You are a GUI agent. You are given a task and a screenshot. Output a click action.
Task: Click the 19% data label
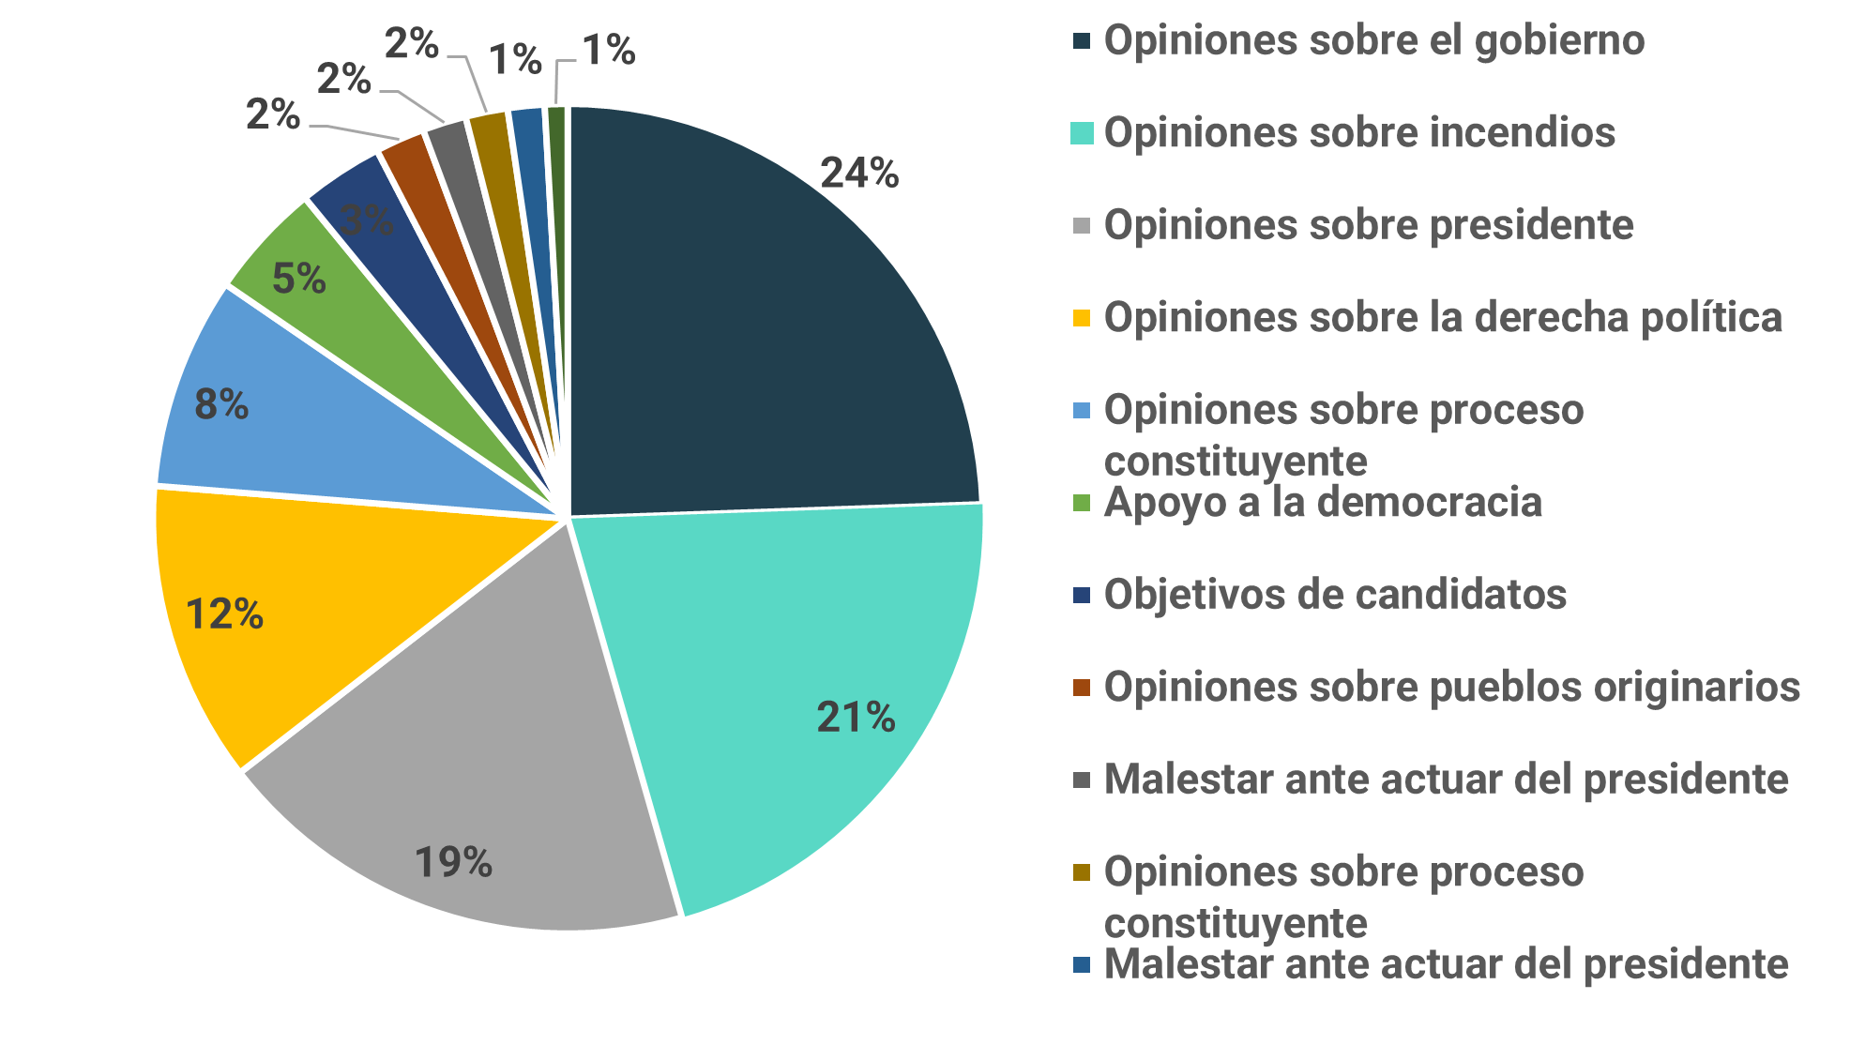pyautogui.click(x=453, y=862)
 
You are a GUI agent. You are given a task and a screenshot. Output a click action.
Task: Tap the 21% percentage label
pyautogui.click(x=856, y=718)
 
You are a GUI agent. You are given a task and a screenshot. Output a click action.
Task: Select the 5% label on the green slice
pyautogui.click(x=299, y=279)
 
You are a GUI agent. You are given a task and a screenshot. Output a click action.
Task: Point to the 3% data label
pyautogui.click(x=367, y=220)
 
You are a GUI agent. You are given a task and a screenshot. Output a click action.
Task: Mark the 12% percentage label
pyautogui.click(x=224, y=614)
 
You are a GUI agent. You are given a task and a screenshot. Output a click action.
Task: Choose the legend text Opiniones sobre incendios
pyautogui.click(x=1359, y=133)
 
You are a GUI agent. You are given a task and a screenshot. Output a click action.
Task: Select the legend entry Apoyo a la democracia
pyautogui.click(x=1323, y=503)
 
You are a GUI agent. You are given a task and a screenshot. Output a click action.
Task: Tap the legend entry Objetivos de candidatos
pyautogui.click(x=1335, y=595)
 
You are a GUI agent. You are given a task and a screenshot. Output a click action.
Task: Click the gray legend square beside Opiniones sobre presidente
pyautogui.click(x=1082, y=226)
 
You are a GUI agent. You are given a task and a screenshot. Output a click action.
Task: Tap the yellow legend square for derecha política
pyautogui.click(x=1082, y=318)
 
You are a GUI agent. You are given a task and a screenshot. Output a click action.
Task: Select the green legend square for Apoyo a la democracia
pyautogui.click(x=1082, y=503)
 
